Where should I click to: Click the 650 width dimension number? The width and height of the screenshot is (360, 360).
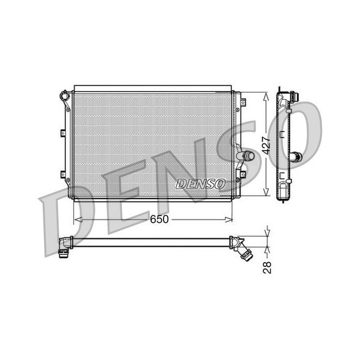point(159,219)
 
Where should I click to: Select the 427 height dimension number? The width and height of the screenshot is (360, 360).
point(266,145)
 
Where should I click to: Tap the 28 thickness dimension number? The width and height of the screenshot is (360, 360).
point(267,267)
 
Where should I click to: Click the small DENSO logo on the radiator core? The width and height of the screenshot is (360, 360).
point(201,184)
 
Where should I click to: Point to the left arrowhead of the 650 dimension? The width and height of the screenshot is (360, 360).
point(78,220)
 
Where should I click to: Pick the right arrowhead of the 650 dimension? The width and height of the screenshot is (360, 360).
point(229,220)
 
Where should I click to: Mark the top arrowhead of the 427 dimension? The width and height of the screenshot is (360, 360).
point(266,97)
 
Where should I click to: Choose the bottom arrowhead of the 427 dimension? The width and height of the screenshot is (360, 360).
point(266,192)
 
